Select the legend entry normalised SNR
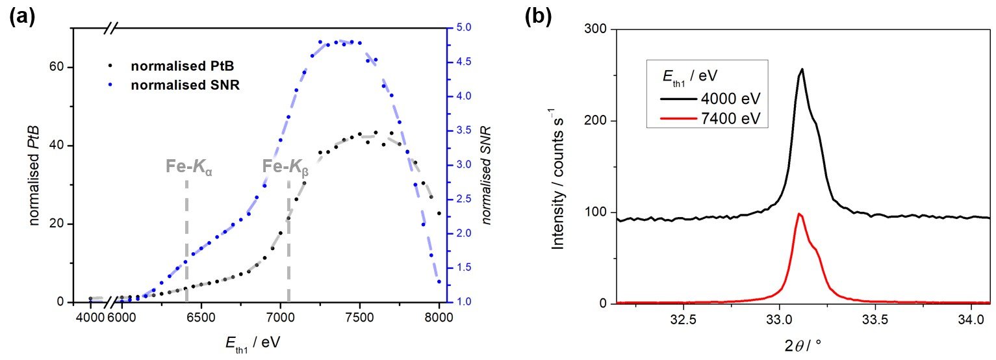[175, 86]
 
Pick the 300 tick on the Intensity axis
[595, 29]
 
